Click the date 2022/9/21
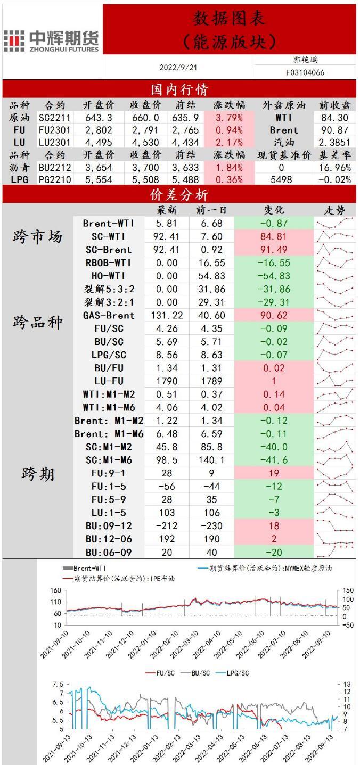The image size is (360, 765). [x=178, y=68]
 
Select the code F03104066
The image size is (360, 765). [x=305, y=72]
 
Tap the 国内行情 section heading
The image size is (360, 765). [x=179, y=88]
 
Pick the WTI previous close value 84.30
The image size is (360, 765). [x=335, y=118]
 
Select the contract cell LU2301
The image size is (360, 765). [x=54, y=142]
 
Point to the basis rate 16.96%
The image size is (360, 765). [x=336, y=167]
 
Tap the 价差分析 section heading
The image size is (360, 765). [x=179, y=195]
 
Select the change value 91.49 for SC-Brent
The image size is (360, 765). [x=274, y=250]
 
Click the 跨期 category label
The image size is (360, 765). [x=38, y=474]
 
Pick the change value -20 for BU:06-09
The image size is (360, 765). [x=274, y=553]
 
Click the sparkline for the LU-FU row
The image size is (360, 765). [x=335, y=381]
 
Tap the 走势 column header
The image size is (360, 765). [x=335, y=210]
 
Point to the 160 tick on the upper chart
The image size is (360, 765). [x=55, y=590]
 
